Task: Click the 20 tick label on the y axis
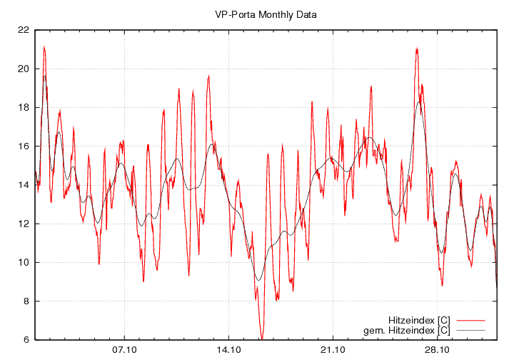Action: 24,69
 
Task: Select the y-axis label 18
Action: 24,107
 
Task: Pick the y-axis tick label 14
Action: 24,185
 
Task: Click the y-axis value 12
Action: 24,224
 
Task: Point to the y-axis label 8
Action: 26,301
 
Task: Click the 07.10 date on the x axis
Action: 124,350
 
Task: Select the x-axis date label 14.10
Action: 228,350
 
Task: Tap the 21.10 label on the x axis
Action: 333,350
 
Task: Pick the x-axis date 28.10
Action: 437,350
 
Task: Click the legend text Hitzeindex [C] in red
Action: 419,319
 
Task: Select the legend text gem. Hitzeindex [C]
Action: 407,330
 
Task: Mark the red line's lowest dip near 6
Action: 262,338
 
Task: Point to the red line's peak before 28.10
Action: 416,49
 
